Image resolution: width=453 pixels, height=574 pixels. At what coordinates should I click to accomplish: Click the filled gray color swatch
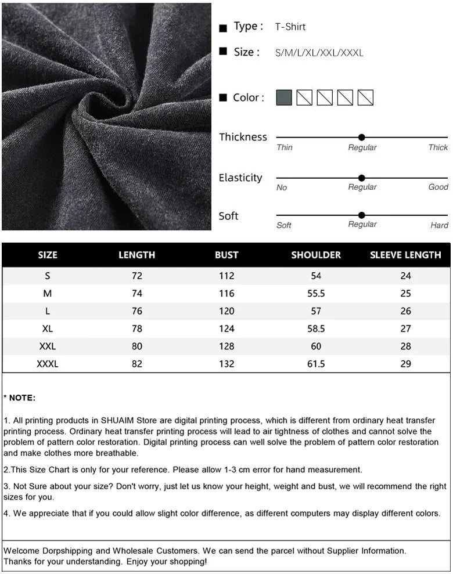pyautogui.click(x=284, y=98)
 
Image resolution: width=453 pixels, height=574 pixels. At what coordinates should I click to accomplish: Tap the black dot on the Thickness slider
pyautogui.click(x=362, y=138)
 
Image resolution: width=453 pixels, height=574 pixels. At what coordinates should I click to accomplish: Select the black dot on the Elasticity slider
pyautogui.click(x=362, y=178)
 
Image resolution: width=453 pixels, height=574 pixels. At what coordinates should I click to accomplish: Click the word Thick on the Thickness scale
pyautogui.click(x=438, y=147)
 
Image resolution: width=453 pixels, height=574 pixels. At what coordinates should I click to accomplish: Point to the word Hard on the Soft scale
pyautogui.click(x=439, y=225)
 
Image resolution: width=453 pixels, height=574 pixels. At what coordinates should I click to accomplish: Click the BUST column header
pyautogui.click(x=227, y=255)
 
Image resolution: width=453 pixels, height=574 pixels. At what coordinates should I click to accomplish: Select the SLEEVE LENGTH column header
pyautogui.click(x=405, y=255)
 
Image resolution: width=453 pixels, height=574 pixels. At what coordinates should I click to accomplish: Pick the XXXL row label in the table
pyautogui.click(x=48, y=364)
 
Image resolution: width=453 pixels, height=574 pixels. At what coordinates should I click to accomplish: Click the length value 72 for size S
pyautogui.click(x=137, y=276)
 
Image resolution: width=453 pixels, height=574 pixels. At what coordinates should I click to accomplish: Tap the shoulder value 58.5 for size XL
pyautogui.click(x=316, y=328)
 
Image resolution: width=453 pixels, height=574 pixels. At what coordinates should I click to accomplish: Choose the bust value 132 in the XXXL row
pyautogui.click(x=227, y=364)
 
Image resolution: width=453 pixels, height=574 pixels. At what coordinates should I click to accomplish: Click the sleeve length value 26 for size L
pyautogui.click(x=405, y=311)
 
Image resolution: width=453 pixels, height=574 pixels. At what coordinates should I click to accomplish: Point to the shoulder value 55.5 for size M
pyautogui.click(x=316, y=294)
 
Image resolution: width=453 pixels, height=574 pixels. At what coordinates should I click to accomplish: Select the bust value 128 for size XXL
pyautogui.click(x=227, y=346)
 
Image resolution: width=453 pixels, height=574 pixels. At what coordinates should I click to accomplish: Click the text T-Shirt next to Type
pyautogui.click(x=290, y=27)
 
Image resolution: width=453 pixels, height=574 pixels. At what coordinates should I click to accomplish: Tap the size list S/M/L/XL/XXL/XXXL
pyautogui.click(x=319, y=53)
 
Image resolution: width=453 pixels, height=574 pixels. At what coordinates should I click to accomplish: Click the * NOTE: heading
pyautogui.click(x=20, y=398)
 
